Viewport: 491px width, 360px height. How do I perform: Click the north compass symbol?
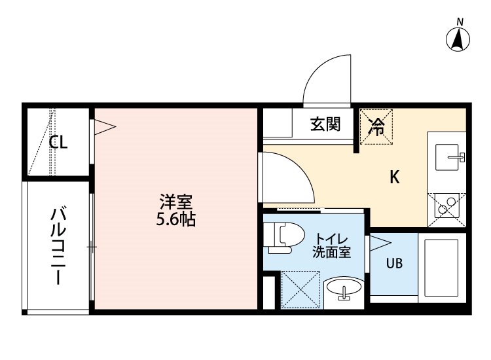coord(458,39)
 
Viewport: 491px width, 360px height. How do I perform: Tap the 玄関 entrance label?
coord(325,124)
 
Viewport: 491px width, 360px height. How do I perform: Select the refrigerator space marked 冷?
coord(376,126)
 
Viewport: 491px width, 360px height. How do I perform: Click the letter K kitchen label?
coord(395,177)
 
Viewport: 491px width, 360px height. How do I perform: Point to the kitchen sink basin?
coord(447,157)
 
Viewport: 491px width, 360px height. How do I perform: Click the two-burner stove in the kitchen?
coord(446,209)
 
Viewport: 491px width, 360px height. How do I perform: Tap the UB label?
coord(394,263)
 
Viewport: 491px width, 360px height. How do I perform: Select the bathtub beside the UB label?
coord(441,268)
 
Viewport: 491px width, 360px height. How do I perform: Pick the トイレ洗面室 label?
coord(331,246)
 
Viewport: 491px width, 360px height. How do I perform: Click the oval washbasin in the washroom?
coord(344,287)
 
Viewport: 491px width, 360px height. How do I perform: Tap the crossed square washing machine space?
coord(300,289)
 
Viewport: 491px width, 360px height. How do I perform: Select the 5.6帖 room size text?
coord(176,219)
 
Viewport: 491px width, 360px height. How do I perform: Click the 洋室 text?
coord(176,202)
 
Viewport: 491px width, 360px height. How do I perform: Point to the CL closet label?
coord(58,143)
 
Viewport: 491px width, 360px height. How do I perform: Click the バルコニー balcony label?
coord(58,245)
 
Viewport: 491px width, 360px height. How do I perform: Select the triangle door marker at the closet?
coord(105,127)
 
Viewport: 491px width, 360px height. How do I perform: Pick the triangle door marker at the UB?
coord(380,243)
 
